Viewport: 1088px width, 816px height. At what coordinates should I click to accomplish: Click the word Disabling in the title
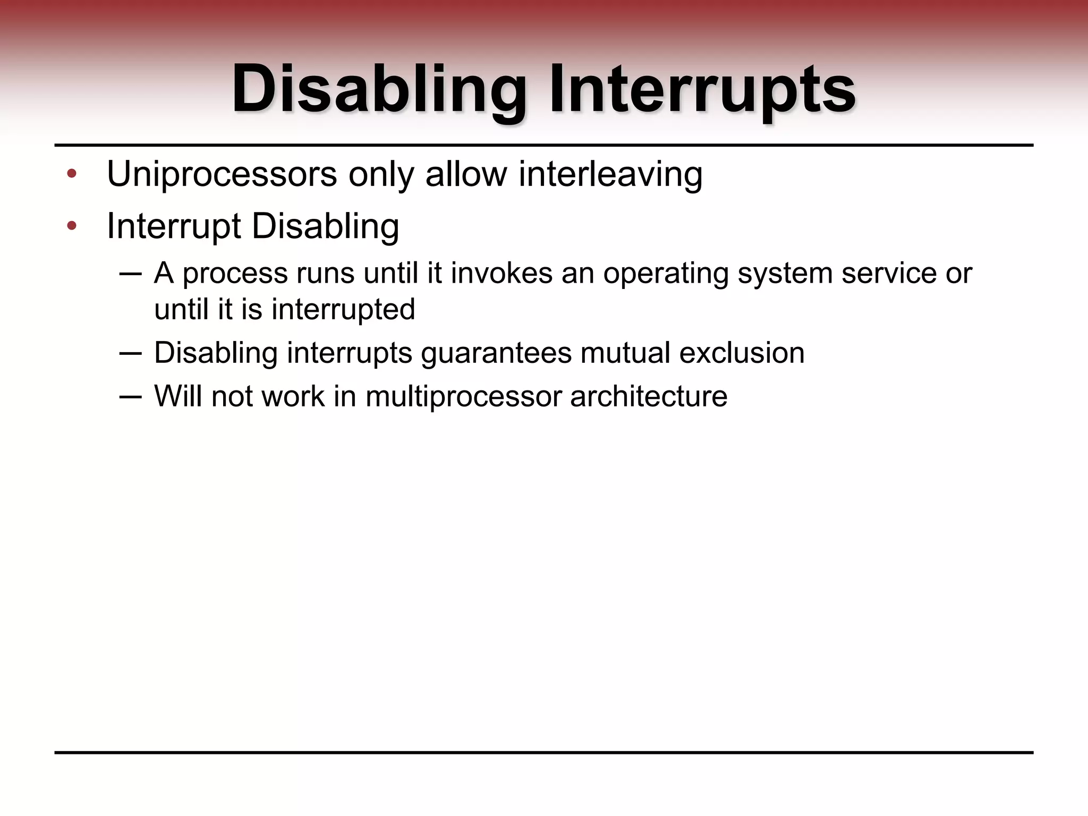click(379, 89)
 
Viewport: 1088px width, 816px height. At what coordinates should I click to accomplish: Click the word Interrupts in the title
click(702, 89)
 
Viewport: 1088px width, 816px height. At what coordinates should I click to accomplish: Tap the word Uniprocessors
click(222, 174)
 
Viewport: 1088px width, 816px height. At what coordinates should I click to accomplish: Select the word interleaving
click(610, 174)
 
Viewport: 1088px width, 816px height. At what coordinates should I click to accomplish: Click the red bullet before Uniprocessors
click(72, 174)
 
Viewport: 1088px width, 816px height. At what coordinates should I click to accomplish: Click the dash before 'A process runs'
click(131, 274)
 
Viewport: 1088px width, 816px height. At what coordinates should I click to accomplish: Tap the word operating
click(665, 274)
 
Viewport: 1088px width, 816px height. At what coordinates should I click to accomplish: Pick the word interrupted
click(343, 310)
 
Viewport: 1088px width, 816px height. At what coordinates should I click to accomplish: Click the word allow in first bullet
click(466, 174)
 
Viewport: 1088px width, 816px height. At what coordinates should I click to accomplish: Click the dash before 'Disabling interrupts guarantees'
click(131, 353)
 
